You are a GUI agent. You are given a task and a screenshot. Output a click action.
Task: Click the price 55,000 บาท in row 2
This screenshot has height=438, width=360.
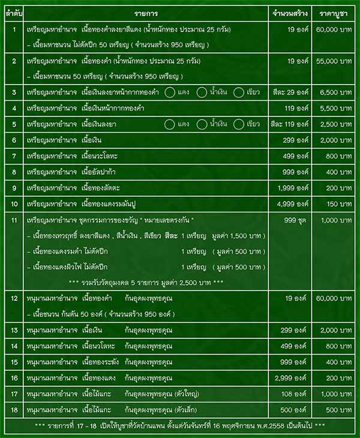(x=335, y=61)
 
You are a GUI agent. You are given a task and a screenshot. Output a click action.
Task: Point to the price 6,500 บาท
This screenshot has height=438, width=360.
(x=335, y=92)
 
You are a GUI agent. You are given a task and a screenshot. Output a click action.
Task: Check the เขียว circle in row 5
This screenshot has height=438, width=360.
(x=239, y=124)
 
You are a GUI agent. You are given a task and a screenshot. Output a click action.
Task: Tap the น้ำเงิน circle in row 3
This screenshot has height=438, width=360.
(x=202, y=92)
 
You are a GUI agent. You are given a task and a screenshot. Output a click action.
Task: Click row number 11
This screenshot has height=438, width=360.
(x=14, y=220)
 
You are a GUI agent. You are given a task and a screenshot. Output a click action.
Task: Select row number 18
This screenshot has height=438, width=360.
(x=14, y=410)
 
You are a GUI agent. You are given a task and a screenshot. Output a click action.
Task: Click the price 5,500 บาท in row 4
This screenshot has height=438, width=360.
(x=335, y=108)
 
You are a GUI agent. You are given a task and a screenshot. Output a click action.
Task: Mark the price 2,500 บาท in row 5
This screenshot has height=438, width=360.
(x=335, y=124)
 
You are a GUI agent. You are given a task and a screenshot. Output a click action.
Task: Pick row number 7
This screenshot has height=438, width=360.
(x=14, y=156)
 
